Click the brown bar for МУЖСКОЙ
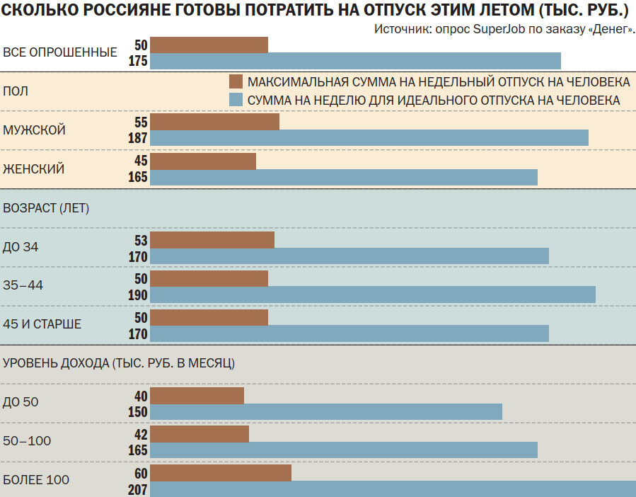point(214,122)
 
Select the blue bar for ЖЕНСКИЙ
point(344,177)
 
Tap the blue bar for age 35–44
point(373,295)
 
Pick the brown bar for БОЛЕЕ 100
point(221,473)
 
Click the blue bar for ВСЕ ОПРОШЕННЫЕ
point(355,61)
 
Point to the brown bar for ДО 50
point(197,395)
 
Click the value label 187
point(138,138)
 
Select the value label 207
point(138,489)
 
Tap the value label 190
point(138,295)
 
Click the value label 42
point(140,434)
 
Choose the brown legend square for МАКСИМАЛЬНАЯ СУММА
point(236,80)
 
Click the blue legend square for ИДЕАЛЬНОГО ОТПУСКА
point(236,100)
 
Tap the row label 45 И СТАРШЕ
point(42,324)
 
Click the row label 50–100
point(28,441)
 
